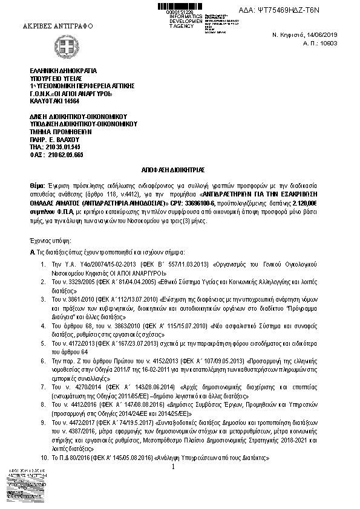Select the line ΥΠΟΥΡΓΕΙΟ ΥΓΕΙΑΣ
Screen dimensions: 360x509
(x=55, y=79)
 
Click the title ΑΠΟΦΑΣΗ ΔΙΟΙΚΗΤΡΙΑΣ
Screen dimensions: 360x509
(x=180, y=172)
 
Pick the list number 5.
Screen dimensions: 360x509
(x=43, y=342)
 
